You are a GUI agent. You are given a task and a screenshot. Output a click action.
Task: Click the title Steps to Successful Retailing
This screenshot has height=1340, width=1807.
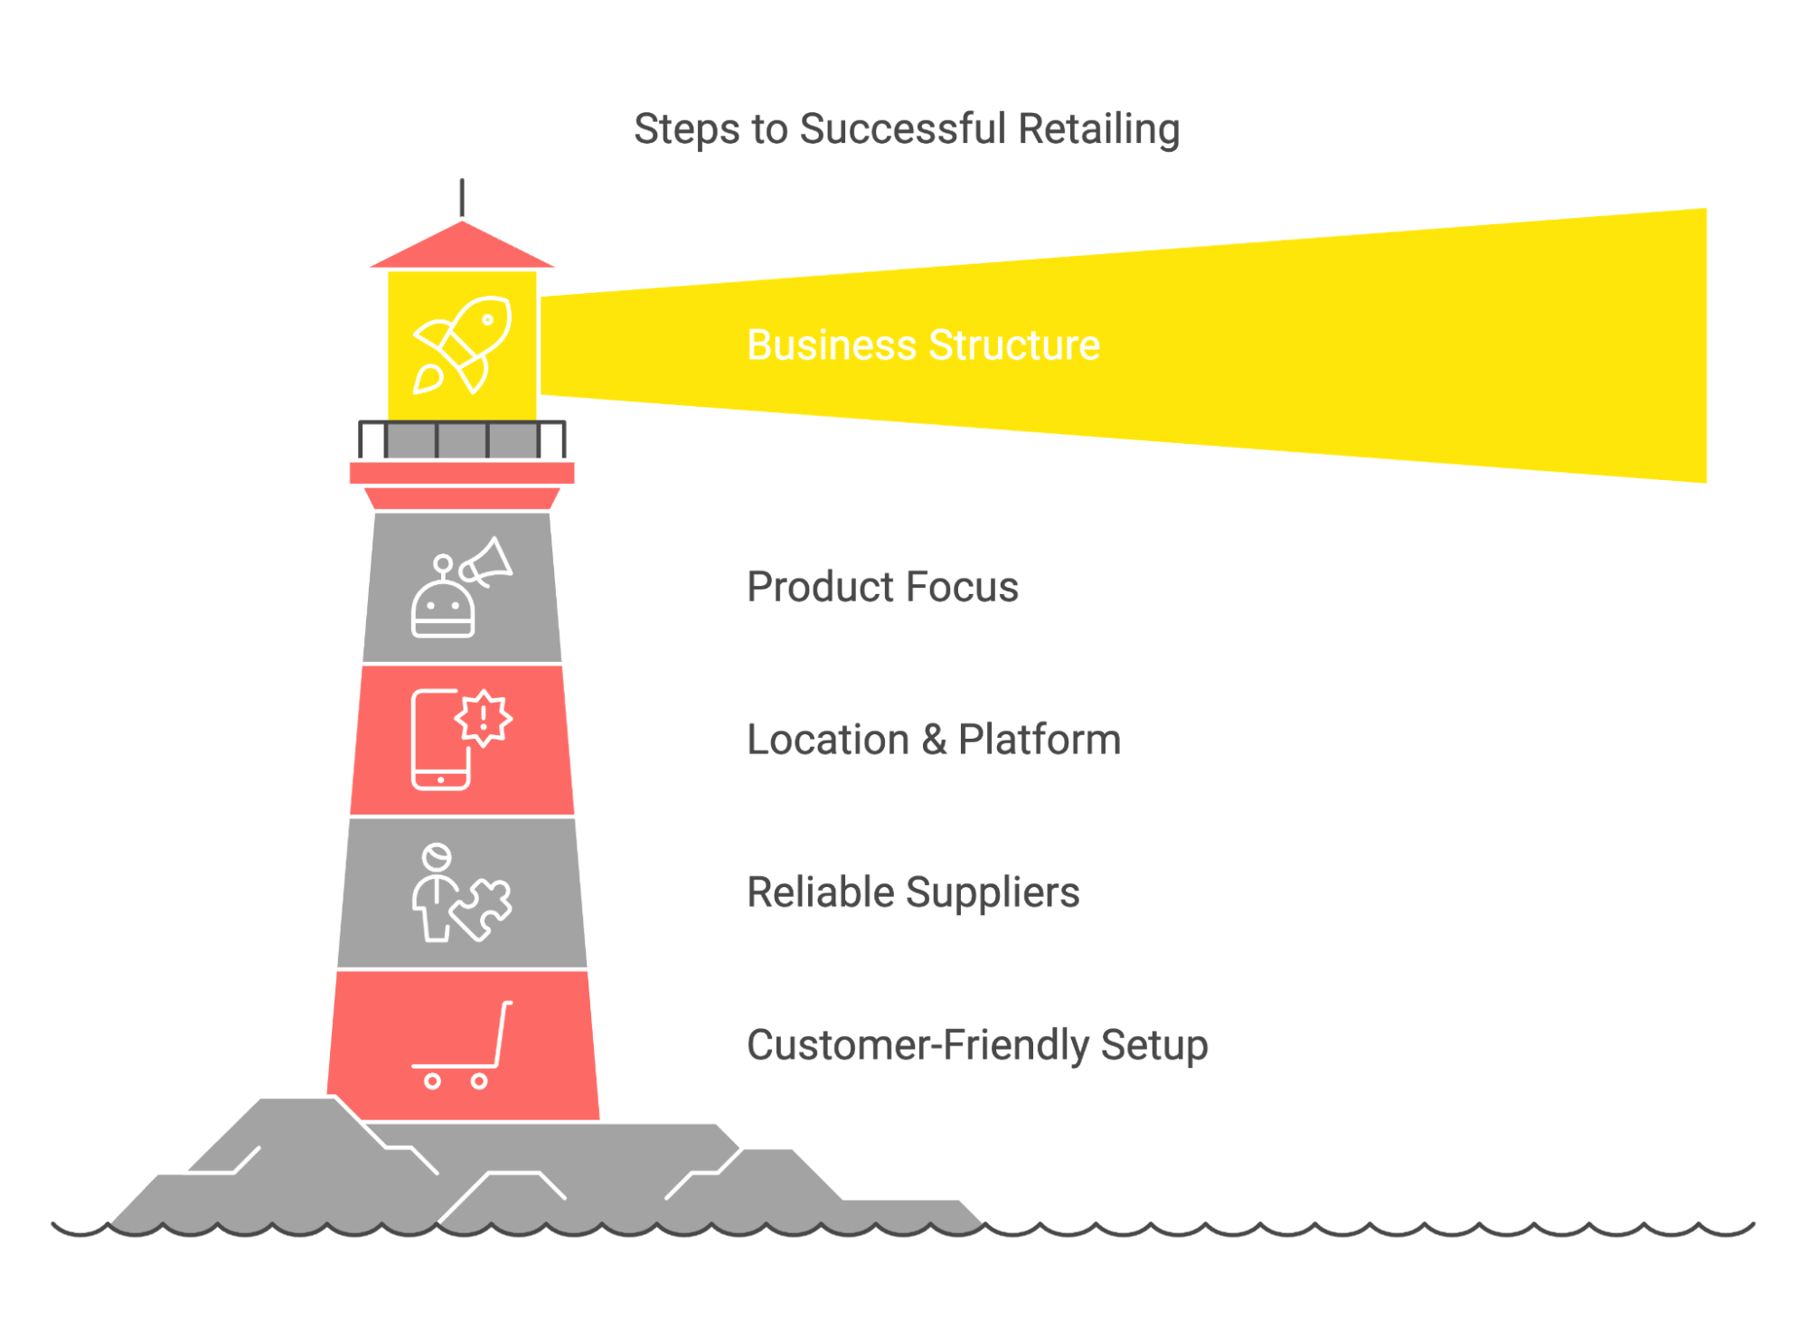(906, 128)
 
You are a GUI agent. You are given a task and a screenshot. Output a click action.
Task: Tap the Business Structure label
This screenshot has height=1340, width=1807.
(922, 345)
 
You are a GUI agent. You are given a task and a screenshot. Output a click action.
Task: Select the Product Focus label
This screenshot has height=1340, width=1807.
(881, 587)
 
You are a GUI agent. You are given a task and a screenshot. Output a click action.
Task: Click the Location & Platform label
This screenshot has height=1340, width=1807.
(933, 740)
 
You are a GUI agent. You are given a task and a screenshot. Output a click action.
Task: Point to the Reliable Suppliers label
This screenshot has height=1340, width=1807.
(912, 892)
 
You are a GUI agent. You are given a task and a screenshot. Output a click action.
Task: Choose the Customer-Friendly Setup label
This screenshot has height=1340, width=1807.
(976, 1045)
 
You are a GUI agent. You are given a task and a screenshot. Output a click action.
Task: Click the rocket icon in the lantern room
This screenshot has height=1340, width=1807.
(462, 345)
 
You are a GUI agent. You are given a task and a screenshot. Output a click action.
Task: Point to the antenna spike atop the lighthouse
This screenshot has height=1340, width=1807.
(462, 197)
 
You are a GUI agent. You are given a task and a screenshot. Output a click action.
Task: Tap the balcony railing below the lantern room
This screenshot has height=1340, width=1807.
(462, 440)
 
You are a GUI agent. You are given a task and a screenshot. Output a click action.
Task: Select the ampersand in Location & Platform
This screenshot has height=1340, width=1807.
(934, 740)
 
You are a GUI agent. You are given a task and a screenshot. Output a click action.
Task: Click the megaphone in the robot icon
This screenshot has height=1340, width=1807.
(486, 561)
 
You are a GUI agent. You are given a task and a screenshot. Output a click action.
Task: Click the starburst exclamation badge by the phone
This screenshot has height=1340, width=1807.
(484, 718)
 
